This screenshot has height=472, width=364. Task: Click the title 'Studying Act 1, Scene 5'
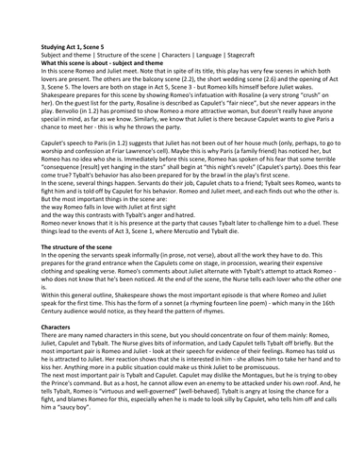point(76,43)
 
